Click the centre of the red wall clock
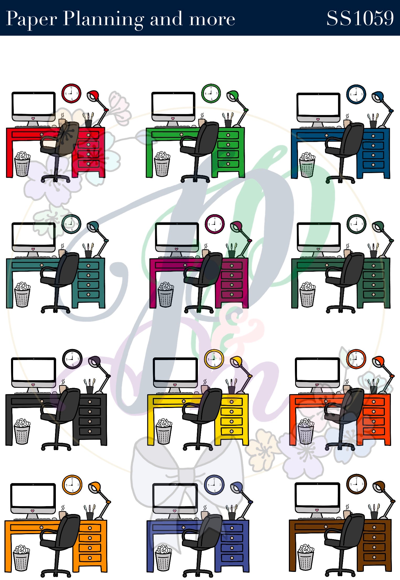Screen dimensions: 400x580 (x=71, y=93)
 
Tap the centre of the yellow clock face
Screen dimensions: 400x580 (x=214, y=359)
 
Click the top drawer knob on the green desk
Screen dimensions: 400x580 (x=228, y=135)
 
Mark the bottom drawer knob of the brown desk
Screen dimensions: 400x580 (x=374, y=557)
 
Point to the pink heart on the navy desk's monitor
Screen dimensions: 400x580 (x=318, y=119)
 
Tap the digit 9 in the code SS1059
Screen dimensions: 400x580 (x=388, y=18)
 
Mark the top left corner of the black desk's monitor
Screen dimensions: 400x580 (x=12, y=358)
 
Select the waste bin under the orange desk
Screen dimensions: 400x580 (x=21, y=558)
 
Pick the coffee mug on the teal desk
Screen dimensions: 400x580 (x=62, y=253)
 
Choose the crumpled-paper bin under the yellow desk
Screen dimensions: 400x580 (x=164, y=432)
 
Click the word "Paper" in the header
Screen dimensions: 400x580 (x=31, y=19)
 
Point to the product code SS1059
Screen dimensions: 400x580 (x=360, y=18)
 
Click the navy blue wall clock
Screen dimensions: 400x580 (x=356, y=94)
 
